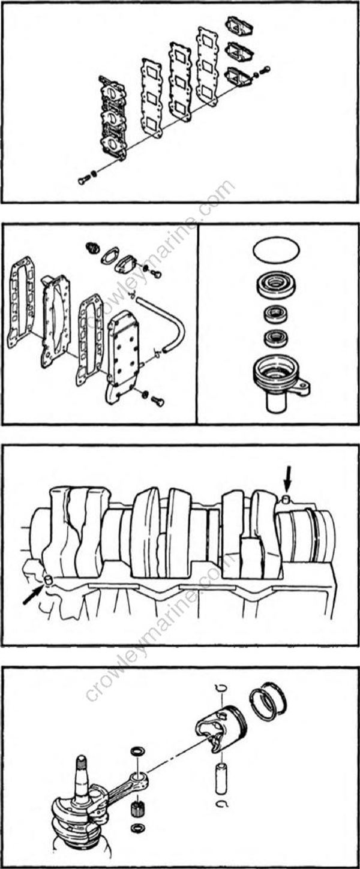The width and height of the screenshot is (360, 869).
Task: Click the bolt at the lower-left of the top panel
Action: point(82,179)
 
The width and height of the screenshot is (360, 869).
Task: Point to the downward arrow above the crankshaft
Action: point(289,479)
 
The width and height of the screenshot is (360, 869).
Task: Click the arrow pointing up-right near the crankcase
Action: point(32,595)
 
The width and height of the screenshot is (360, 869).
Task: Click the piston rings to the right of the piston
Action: point(268,702)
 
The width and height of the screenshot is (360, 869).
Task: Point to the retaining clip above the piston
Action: point(220,687)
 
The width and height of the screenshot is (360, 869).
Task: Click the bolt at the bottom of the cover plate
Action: point(158,401)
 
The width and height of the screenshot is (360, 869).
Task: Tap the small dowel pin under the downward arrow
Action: point(287,500)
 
